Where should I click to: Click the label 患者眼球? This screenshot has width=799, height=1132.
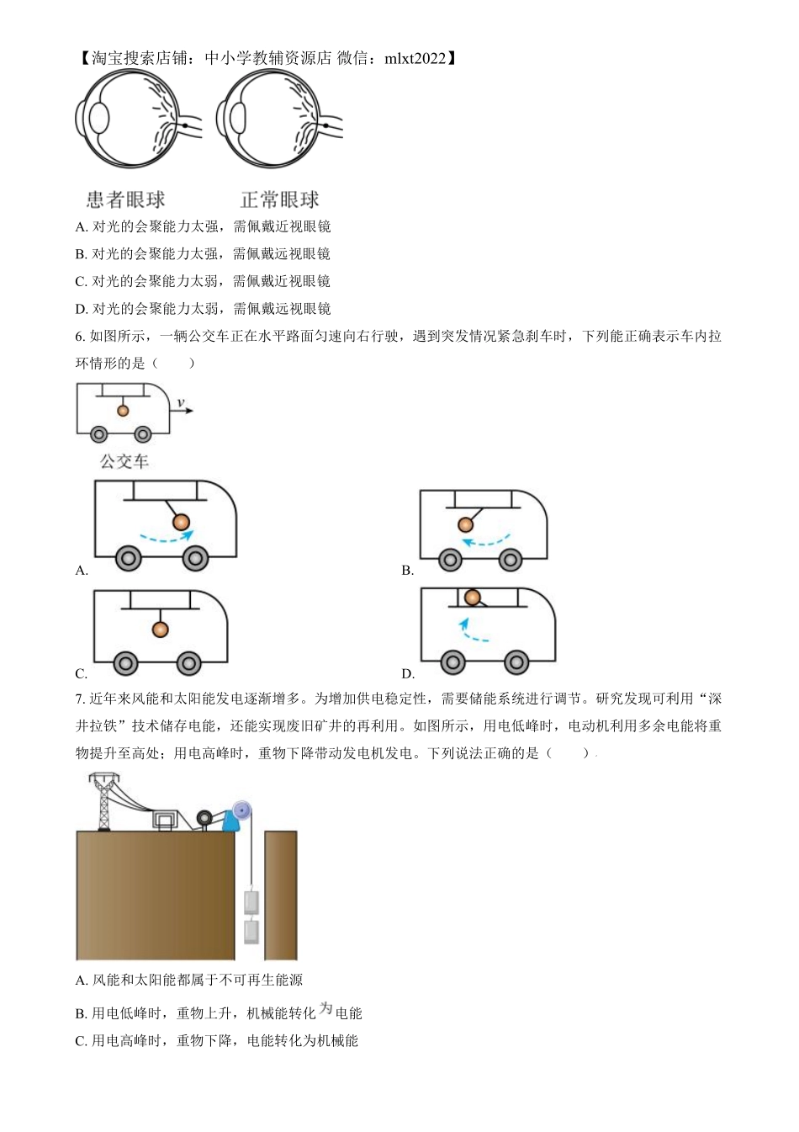125,200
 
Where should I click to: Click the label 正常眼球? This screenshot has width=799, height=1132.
279,200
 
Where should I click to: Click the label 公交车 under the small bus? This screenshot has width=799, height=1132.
124,461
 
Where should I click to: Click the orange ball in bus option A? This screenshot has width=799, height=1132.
181,523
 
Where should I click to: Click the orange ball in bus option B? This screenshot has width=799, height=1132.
466,524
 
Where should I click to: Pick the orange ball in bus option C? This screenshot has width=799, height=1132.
160,629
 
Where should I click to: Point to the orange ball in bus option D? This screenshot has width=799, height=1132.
473,597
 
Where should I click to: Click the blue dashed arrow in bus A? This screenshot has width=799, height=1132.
166,536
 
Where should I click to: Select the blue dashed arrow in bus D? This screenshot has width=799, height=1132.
471,631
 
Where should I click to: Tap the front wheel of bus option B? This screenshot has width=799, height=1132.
511,560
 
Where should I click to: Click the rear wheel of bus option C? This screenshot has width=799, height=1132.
126,664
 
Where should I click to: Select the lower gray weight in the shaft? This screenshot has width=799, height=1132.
251,931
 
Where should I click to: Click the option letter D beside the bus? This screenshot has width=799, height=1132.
408,673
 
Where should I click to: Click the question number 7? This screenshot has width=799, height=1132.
79,699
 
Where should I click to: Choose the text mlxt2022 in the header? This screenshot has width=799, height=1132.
415,58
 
